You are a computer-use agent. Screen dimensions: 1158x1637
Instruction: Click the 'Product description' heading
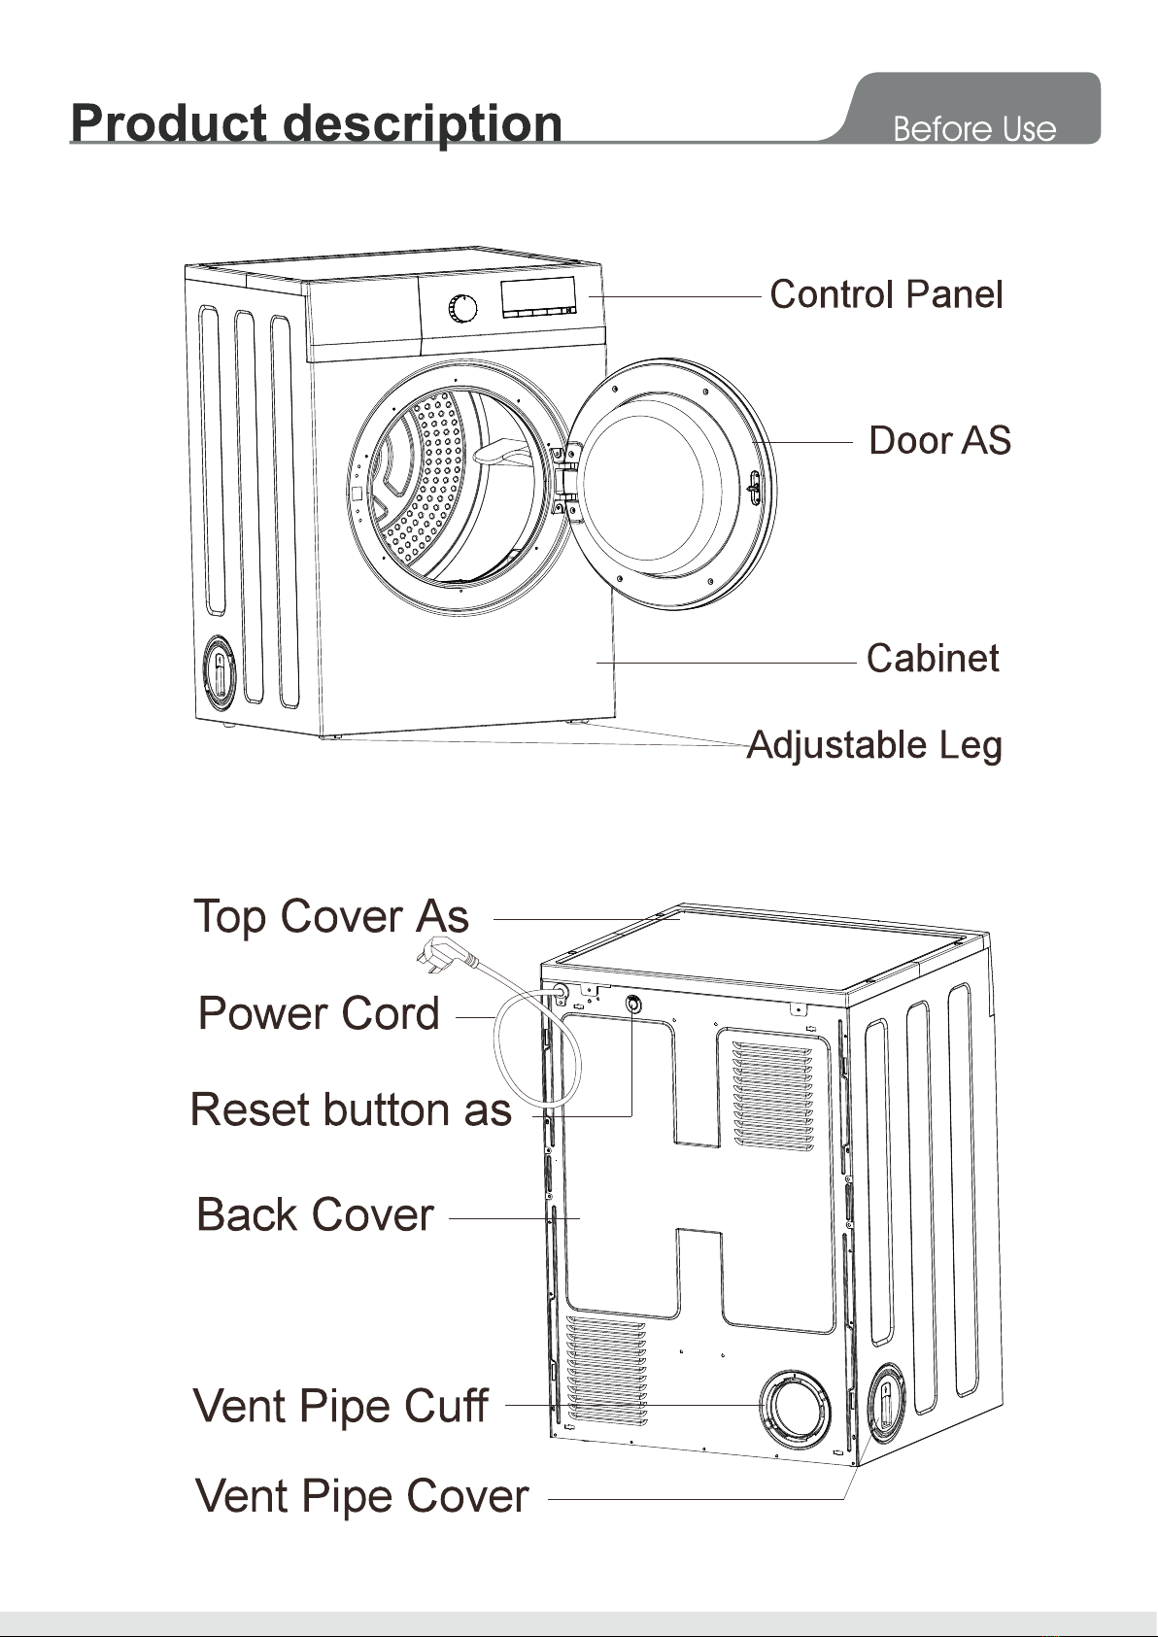pos(317,123)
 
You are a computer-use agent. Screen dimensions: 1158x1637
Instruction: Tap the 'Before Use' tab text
pos(973,129)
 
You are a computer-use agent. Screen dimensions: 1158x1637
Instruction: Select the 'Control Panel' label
pos(886,294)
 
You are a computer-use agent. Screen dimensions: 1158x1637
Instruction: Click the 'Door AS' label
pos(939,441)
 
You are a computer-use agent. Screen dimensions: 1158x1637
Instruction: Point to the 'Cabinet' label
pos(933,658)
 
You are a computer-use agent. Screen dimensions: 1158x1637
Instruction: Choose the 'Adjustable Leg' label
pos(873,746)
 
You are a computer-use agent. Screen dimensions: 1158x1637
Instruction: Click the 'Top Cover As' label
pos(331,916)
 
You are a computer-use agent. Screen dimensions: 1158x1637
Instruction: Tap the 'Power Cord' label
pos(319,1013)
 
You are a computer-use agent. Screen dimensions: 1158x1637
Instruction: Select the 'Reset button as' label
pos(351,1109)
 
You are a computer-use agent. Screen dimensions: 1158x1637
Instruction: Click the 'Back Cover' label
pos(315,1215)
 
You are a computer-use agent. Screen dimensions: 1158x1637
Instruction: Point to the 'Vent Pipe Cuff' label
pos(340,1406)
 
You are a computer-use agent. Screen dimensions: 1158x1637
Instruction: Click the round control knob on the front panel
pos(462,308)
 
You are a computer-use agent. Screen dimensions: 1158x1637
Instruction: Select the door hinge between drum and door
pos(566,479)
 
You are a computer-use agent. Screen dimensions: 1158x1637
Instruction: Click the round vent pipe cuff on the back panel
pos(795,1406)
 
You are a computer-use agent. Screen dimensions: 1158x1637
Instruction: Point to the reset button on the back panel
pos(633,1004)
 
